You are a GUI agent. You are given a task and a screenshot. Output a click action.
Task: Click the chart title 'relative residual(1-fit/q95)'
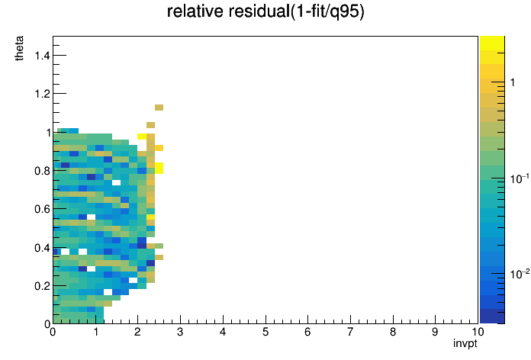tap(265, 12)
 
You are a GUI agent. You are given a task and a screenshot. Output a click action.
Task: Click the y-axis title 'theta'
tap(19, 48)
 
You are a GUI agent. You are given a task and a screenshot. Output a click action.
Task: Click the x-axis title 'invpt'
tap(465, 344)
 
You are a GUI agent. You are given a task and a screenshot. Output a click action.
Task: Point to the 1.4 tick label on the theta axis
tap(42, 55)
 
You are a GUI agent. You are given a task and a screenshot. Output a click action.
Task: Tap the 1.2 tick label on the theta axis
tap(42, 94)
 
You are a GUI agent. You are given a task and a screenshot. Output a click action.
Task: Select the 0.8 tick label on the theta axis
tap(42, 171)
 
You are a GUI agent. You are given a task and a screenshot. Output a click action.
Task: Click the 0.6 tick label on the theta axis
tap(42, 209)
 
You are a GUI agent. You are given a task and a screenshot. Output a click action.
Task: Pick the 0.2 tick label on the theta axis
tap(42, 286)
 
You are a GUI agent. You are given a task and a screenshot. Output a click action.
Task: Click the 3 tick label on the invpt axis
tap(180, 332)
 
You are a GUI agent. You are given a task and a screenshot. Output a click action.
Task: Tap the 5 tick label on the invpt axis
tap(265, 332)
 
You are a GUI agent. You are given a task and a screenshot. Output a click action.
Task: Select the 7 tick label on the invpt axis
tap(350, 332)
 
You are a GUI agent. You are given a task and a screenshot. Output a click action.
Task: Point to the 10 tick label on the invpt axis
tap(478, 332)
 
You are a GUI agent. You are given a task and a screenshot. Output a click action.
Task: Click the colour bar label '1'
tap(513, 82)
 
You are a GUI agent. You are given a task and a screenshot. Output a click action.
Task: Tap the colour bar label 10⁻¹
tap(519, 178)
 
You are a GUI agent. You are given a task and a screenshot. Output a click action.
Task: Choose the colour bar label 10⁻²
tap(519, 273)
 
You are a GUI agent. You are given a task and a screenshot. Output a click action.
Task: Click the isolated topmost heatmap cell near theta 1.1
tap(159, 108)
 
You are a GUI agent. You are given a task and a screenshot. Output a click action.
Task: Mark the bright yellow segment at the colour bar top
tap(492, 43)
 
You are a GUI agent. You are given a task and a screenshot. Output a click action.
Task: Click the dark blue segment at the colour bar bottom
tap(492, 317)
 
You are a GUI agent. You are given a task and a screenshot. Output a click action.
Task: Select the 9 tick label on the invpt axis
tap(435, 332)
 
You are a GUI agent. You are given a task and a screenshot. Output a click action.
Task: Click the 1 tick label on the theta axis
tap(48, 133)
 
